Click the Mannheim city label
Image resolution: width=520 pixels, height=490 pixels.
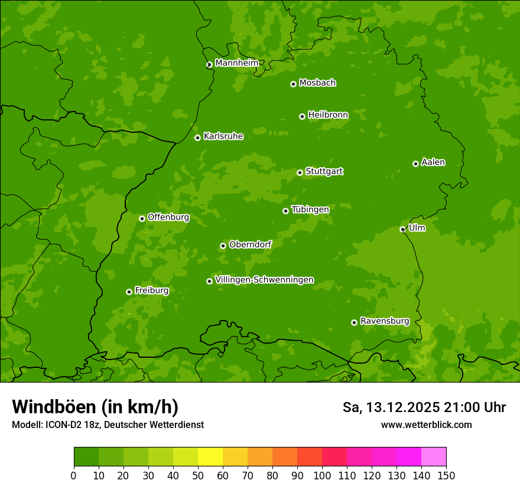pos(236,63)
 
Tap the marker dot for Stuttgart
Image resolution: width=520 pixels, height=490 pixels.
pos(300,172)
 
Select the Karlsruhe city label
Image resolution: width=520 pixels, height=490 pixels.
pos(223,136)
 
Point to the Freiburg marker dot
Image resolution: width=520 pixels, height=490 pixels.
pos(129,292)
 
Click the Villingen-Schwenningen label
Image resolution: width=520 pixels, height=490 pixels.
pos(264,280)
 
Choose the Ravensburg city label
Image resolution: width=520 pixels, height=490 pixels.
pos(384,321)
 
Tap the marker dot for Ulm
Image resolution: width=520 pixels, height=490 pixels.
pos(402,229)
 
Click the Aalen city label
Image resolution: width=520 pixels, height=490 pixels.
pos(433,162)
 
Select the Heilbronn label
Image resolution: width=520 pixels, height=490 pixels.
pos(328,115)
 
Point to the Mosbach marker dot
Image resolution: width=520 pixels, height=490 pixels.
pos(293,84)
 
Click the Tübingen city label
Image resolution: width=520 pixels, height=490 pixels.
pos(310,210)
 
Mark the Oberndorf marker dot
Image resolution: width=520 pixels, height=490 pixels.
pos(223,246)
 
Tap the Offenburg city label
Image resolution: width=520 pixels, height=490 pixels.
pos(168,217)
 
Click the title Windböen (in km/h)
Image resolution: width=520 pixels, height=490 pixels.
pos(95,407)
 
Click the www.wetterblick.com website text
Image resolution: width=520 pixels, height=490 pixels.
pos(426,425)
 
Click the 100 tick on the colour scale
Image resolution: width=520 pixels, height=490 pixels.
pos(322,476)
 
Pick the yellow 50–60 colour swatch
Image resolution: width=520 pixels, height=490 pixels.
pos(210,456)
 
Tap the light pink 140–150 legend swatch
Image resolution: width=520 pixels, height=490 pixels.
pos(434,456)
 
